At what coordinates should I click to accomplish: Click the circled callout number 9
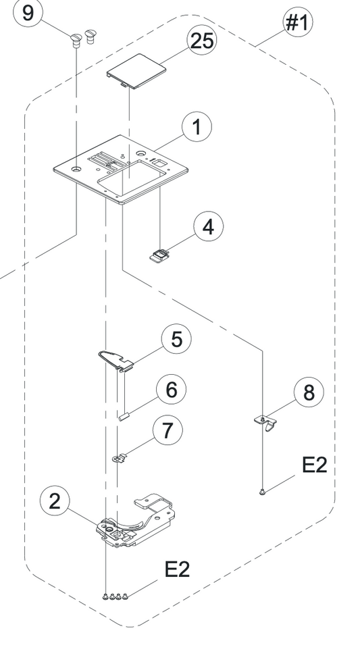click(28, 14)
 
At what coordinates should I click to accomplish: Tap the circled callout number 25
click(202, 41)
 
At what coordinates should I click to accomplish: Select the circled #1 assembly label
click(297, 22)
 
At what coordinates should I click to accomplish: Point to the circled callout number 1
click(197, 127)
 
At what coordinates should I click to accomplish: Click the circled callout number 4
click(209, 227)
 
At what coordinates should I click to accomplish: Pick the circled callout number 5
click(176, 339)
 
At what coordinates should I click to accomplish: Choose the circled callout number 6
click(171, 389)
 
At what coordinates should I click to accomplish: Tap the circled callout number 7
click(168, 430)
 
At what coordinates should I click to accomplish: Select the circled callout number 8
click(309, 392)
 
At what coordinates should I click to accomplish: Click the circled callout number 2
click(55, 501)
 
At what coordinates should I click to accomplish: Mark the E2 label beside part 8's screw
click(314, 465)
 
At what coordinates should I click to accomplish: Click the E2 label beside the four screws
click(178, 569)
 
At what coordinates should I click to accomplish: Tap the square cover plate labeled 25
click(136, 71)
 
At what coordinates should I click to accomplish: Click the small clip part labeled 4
click(159, 255)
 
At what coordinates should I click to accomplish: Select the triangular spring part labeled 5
click(115, 361)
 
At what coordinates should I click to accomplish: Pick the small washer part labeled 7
click(119, 458)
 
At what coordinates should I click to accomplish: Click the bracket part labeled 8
click(265, 423)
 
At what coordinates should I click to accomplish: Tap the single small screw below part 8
click(263, 492)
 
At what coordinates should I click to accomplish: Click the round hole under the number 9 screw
click(76, 169)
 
